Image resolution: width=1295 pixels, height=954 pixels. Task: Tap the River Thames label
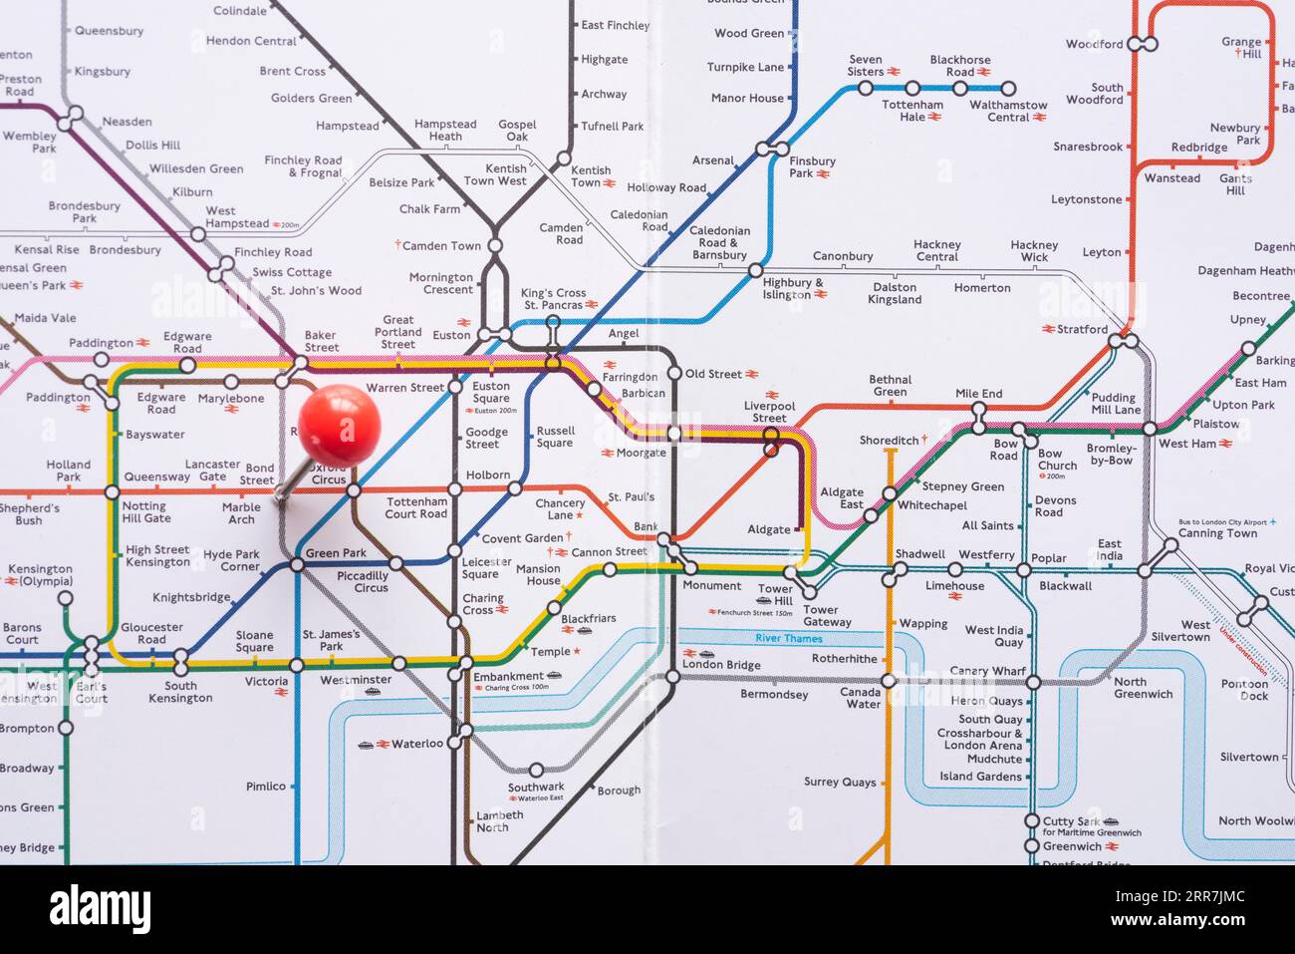tap(788, 638)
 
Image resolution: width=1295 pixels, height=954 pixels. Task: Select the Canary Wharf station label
tap(987, 671)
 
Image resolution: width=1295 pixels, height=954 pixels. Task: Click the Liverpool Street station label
tap(769, 412)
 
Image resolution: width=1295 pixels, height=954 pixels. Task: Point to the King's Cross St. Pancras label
tap(554, 299)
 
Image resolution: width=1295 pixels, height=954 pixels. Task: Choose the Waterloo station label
tap(416, 744)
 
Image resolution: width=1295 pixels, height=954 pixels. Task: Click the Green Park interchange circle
tap(296, 565)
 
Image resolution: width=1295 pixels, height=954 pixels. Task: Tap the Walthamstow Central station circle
tap(1008, 88)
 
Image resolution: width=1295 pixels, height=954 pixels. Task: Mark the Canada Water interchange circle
tap(890, 682)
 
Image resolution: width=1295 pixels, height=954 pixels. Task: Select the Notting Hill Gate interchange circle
tap(112, 491)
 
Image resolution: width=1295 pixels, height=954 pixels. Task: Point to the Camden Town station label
tap(441, 245)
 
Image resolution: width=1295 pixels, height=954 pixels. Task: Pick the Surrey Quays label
tap(840, 783)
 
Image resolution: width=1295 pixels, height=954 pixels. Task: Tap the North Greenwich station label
tap(1143, 688)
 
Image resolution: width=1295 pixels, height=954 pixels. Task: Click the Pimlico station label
tap(266, 787)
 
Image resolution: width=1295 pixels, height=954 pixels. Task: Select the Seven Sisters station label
tap(866, 66)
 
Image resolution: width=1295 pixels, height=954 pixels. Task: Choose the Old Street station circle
tap(674, 374)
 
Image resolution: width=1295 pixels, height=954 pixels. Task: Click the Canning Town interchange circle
tap(1171, 545)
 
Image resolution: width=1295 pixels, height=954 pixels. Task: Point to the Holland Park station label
tap(68, 471)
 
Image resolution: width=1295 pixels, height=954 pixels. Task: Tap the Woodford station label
tap(1094, 44)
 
